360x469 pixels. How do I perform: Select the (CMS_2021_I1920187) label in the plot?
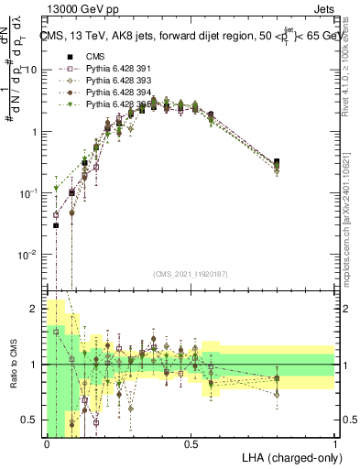pyautogui.click(x=191, y=273)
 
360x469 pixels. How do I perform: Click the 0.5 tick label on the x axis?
pyautogui.click(x=191, y=443)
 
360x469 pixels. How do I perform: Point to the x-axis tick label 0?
pyautogui.click(x=47, y=443)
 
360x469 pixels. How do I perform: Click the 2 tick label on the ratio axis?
pyautogui.click(x=37, y=309)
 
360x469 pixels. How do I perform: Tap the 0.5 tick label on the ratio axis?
pyautogui.click(x=33, y=420)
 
